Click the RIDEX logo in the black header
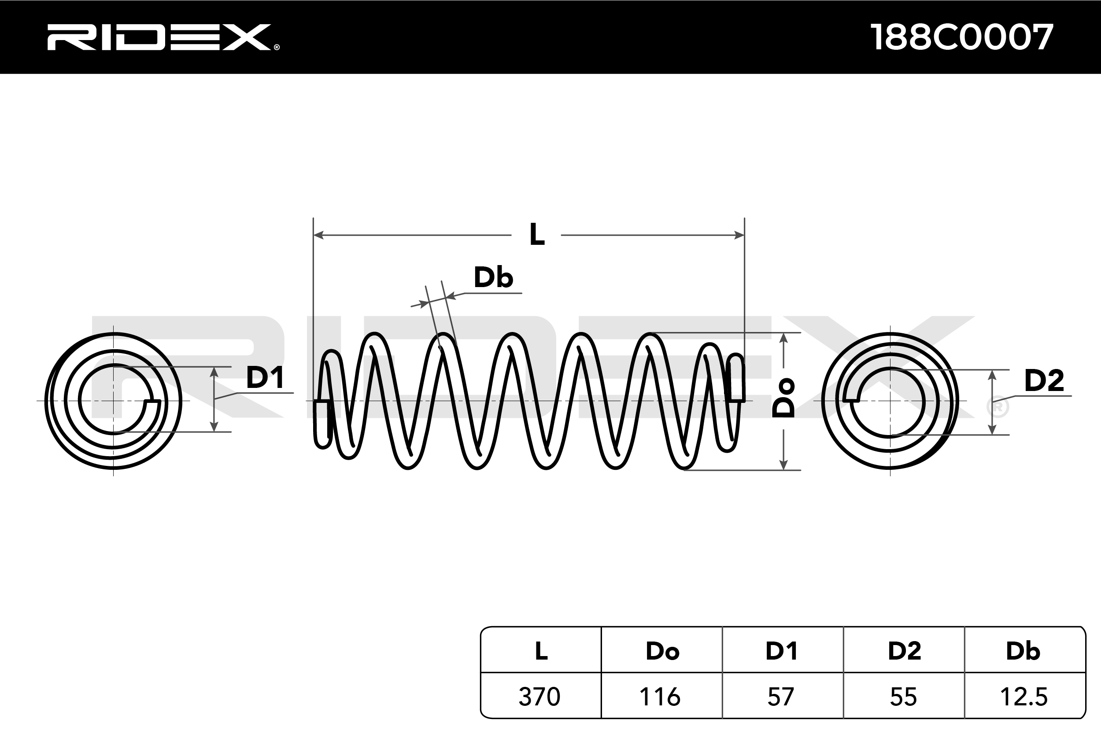tap(159, 37)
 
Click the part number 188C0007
tap(961, 37)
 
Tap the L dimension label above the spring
tap(536, 235)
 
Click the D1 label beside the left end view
tap(265, 378)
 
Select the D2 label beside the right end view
tap(1044, 380)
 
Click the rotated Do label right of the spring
tap(783, 398)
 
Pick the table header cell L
tap(541, 651)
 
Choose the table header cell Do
tap(662, 651)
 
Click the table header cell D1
tap(781, 651)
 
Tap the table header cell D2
tap(905, 651)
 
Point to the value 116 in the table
tap(660, 697)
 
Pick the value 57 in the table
tap(781, 697)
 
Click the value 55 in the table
tap(903, 697)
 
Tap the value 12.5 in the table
tap(1024, 697)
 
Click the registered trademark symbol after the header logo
tap(277, 47)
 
